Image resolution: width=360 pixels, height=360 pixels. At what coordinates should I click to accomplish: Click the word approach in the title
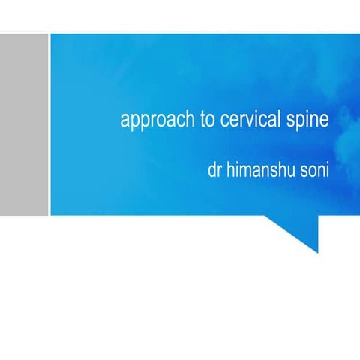156,121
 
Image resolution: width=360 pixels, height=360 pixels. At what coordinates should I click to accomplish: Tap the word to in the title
207,120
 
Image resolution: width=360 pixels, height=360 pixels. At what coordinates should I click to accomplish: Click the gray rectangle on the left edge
24,124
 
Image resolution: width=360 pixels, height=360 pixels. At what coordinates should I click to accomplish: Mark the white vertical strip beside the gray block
49,124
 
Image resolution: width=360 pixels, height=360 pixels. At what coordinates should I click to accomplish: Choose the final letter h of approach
190,120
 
